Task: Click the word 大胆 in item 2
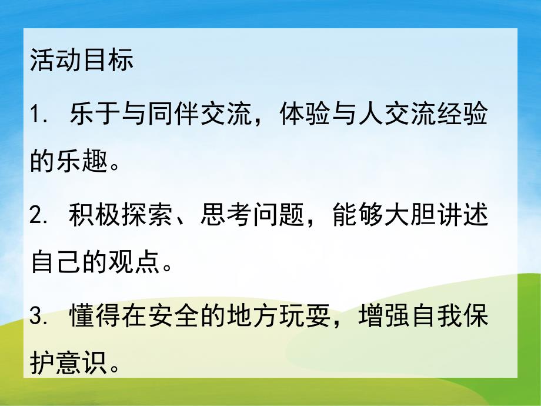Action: point(418,217)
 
